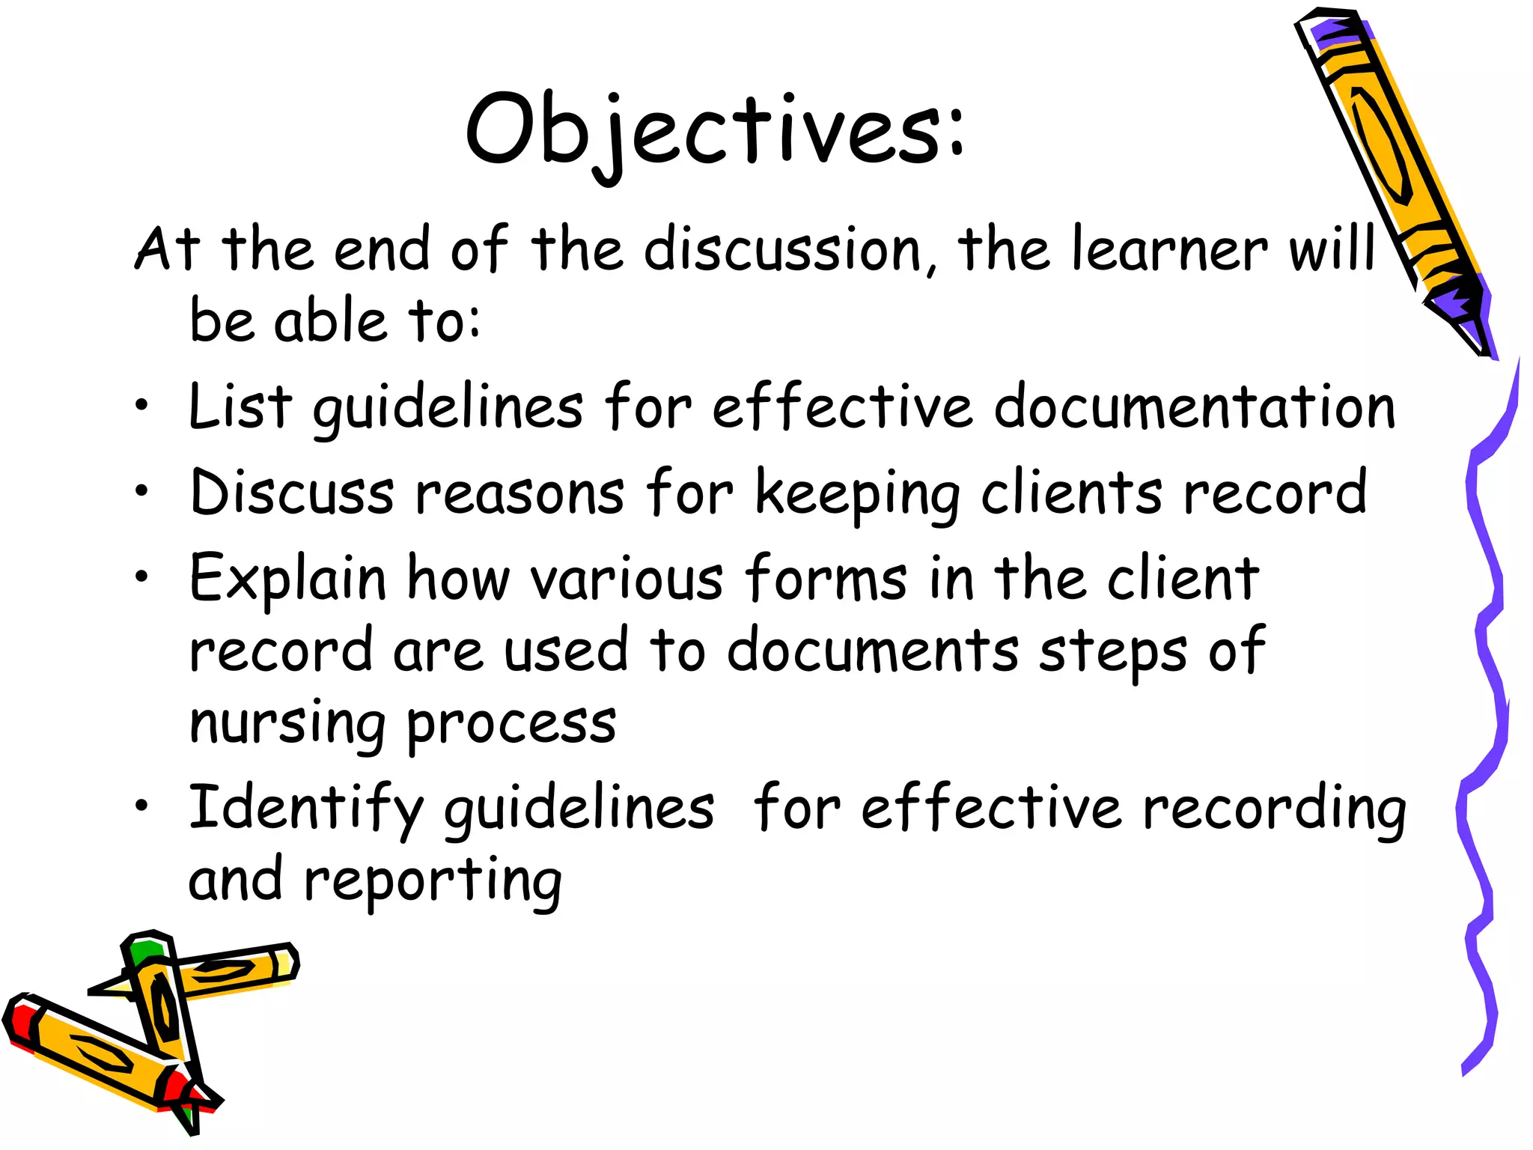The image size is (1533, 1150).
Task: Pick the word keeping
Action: (x=857, y=494)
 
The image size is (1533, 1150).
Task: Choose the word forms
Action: (x=826, y=578)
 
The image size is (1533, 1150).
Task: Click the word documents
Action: (x=872, y=650)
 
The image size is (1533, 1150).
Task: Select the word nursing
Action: (x=288, y=725)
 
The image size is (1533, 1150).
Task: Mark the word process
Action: (x=511, y=725)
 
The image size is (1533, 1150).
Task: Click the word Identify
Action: (x=305, y=809)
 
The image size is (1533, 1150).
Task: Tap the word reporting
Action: (x=433, y=881)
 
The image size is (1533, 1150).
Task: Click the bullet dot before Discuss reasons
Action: (x=141, y=491)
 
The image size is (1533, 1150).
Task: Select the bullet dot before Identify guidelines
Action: (x=141, y=806)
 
